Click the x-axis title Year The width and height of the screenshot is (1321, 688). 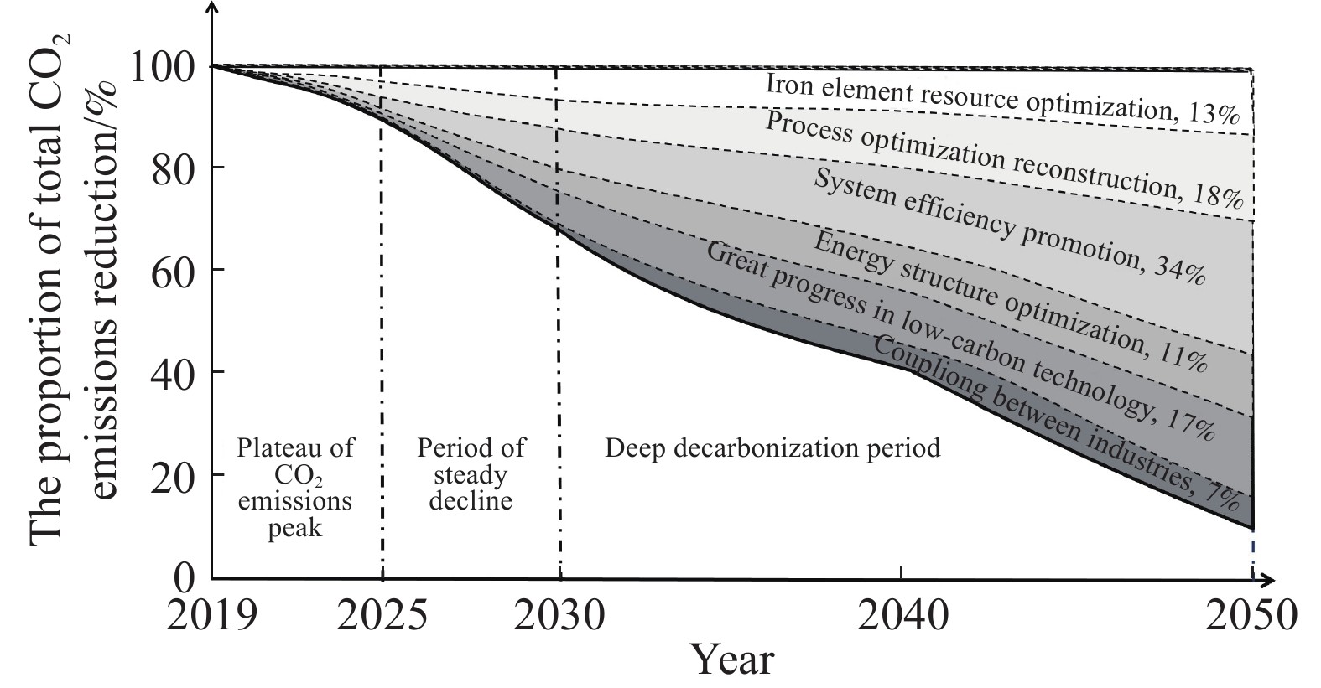(732, 660)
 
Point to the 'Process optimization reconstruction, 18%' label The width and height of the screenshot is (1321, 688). (1003, 160)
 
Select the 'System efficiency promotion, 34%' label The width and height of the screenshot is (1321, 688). (1010, 227)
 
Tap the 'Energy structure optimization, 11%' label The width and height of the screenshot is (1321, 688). (1010, 302)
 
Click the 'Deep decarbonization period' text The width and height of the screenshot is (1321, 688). (772, 448)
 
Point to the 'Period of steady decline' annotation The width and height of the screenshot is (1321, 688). (471, 474)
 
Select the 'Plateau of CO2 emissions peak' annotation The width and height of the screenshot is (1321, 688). (295, 488)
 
